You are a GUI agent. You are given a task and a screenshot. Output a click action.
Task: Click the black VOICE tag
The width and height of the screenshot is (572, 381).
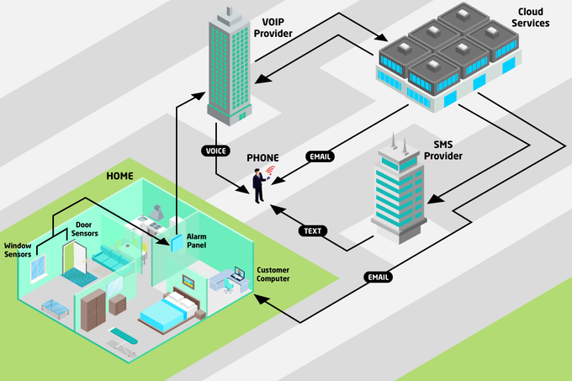(215, 151)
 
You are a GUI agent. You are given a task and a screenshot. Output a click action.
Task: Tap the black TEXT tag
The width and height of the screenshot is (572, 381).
(313, 230)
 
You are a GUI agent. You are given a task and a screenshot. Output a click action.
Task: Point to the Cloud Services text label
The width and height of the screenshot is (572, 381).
(529, 18)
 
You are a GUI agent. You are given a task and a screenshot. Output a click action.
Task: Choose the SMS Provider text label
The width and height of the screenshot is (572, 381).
(442, 150)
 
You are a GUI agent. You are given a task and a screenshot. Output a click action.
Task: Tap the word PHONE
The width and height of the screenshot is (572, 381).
(262, 158)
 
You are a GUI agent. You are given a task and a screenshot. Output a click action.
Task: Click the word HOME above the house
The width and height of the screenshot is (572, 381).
(119, 176)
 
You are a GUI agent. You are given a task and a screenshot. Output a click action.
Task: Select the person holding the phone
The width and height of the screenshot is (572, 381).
(259, 185)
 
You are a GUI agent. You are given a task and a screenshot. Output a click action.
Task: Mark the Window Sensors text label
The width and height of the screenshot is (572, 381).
(18, 249)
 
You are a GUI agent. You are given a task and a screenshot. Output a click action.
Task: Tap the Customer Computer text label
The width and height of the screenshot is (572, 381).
(273, 273)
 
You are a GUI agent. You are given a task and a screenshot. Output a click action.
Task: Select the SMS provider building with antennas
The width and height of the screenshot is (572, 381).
(399, 189)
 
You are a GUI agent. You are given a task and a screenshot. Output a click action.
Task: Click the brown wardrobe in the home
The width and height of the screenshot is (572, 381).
(94, 307)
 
